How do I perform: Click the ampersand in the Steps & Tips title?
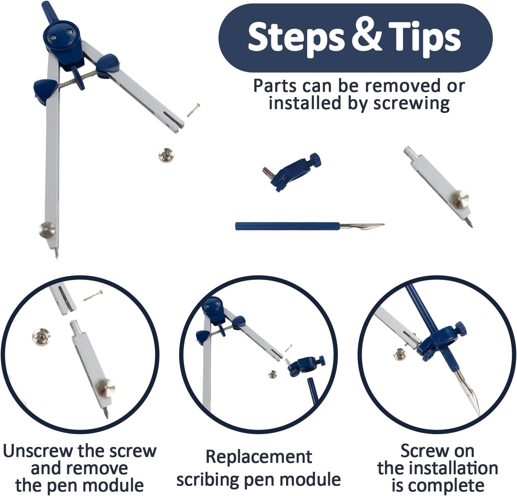[x=367, y=37]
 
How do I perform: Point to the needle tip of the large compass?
[x=57, y=258]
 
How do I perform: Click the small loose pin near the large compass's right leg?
[x=193, y=110]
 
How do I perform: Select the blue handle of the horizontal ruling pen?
[x=287, y=226]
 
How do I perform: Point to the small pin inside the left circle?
[x=93, y=295]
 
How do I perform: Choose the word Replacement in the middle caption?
[x=259, y=457]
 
